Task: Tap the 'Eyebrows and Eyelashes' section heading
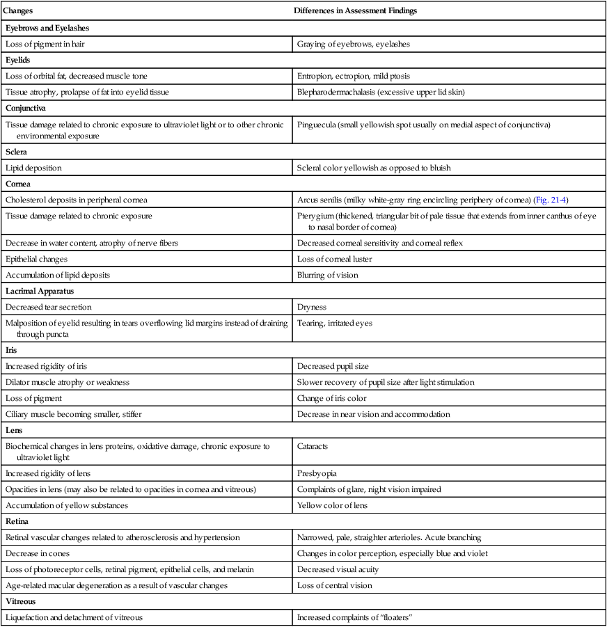pos(47,28)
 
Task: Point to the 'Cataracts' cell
pos(315,446)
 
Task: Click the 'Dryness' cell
pos(312,306)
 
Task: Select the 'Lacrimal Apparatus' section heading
pos(40,291)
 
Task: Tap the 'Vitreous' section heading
pos(22,601)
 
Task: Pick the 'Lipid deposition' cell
pos(33,168)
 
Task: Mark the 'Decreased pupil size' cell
pos(333,366)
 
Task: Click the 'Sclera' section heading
pos(17,151)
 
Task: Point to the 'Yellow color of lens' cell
pos(332,505)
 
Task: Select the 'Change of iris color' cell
pos(332,398)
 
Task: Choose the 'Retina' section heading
pos(17,521)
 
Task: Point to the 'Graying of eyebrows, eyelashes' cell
pos(353,44)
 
